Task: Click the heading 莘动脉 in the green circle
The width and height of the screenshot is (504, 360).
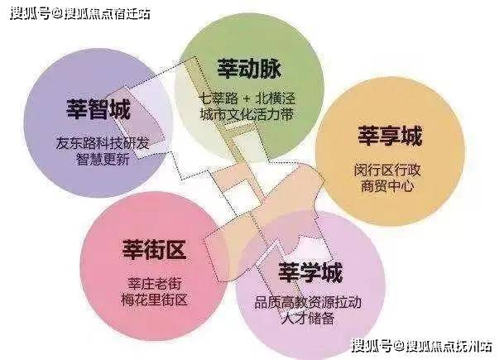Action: [249, 69]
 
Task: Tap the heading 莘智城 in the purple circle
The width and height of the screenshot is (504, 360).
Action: [98, 109]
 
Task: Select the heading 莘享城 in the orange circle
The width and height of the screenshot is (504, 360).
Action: [390, 137]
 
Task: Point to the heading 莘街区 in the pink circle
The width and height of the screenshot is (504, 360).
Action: [154, 250]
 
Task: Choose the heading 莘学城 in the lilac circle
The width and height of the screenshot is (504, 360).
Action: [310, 272]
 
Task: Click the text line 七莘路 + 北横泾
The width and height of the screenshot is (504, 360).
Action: [247, 98]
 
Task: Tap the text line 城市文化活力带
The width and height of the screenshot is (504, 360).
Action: [247, 114]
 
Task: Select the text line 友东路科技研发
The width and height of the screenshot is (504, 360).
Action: [103, 143]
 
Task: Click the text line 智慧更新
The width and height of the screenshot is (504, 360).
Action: [103, 159]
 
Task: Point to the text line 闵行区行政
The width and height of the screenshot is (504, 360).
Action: [387, 170]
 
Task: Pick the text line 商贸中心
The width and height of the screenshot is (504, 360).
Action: [387, 186]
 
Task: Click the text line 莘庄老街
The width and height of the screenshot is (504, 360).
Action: [155, 284]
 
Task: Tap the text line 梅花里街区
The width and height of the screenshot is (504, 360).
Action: [155, 300]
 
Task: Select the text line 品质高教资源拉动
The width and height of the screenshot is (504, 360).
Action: [308, 302]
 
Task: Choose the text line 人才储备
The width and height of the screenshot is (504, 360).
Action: [308, 319]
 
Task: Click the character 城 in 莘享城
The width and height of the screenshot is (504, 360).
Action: [412, 137]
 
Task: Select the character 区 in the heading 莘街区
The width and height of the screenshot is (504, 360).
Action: [176, 250]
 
